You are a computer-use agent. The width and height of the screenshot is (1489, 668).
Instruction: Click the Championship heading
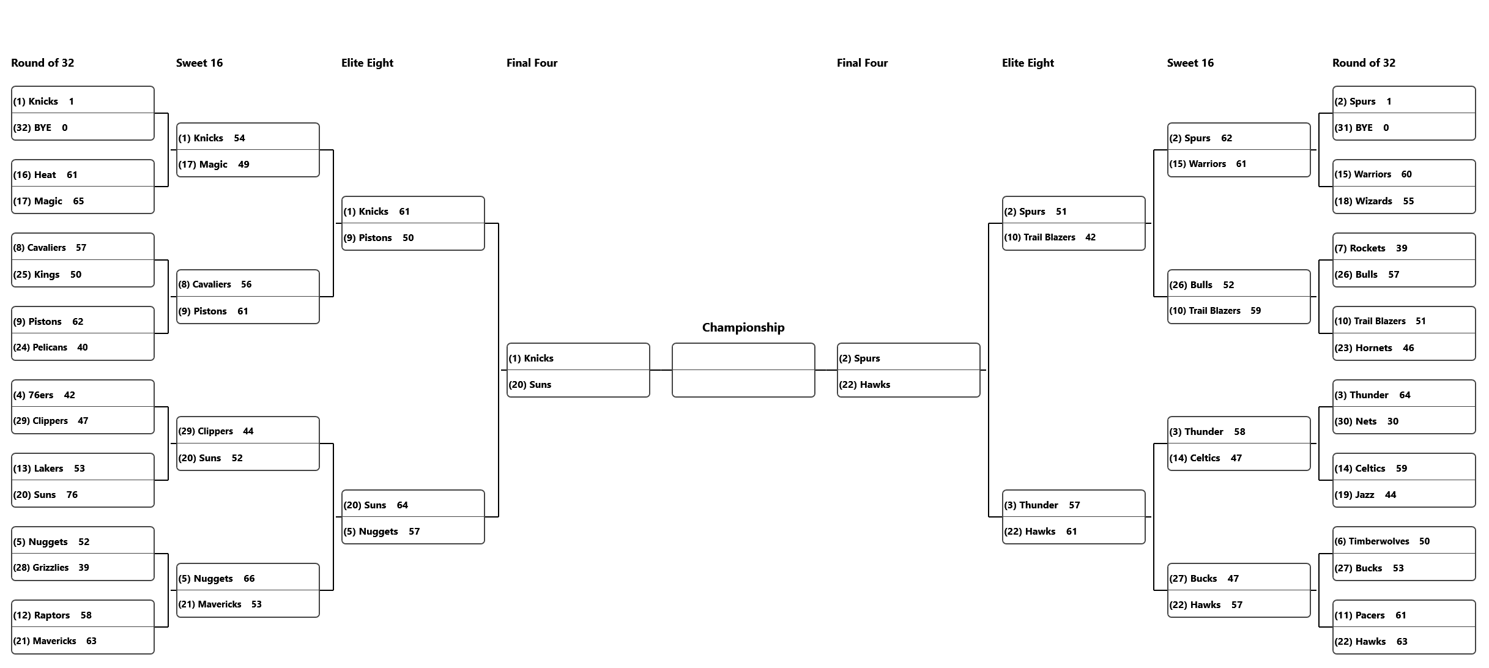pos(743,327)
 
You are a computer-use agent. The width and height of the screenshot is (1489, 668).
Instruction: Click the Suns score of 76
pos(72,495)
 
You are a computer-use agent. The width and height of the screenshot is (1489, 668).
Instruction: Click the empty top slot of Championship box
pos(743,357)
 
